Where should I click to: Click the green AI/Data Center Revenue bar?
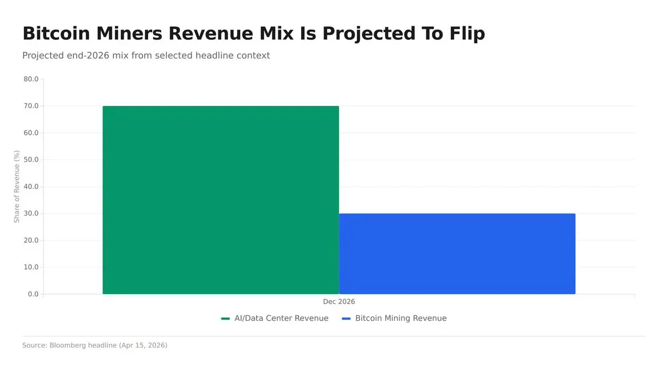point(220,199)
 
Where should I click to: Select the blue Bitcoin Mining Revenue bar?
point(457,253)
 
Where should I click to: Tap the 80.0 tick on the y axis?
point(31,79)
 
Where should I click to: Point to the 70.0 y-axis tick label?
point(31,106)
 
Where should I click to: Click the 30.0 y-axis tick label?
point(31,213)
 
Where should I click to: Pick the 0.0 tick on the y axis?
point(33,294)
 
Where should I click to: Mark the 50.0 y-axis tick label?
point(31,160)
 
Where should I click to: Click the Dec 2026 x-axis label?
point(339,301)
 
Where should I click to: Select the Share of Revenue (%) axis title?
point(17,187)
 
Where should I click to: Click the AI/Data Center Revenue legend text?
point(281,318)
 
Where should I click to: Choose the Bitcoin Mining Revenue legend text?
point(401,318)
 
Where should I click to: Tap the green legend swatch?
point(225,319)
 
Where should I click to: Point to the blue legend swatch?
point(346,319)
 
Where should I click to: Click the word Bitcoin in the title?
point(57,33)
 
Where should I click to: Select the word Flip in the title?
point(466,33)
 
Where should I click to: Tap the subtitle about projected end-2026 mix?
point(146,56)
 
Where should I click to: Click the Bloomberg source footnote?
point(95,345)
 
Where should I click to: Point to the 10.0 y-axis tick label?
point(31,267)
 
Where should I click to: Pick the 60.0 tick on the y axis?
point(31,133)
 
